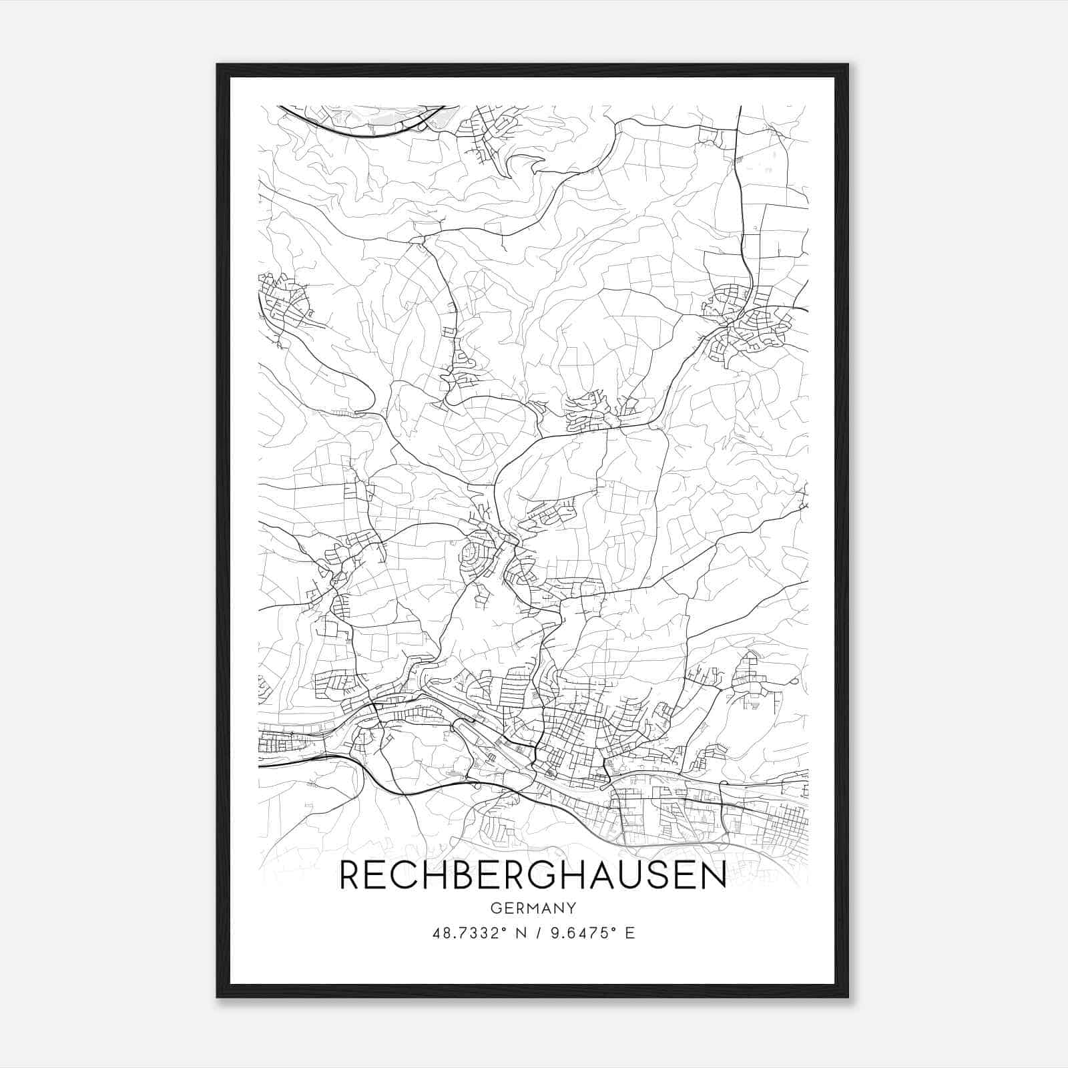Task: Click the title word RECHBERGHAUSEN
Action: (x=533, y=876)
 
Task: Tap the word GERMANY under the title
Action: (x=533, y=908)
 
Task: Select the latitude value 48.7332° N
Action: (x=475, y=932)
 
